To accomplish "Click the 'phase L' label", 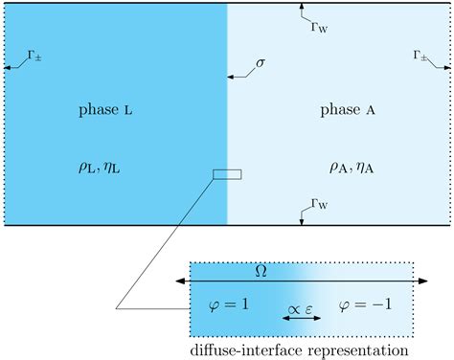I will (x=105, y=110).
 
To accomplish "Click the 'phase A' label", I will (x=347, y=110).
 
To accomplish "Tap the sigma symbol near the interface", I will (x=260, y=64).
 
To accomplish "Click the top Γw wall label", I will (x=319, y=25).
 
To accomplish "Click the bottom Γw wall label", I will (x=319, y=202).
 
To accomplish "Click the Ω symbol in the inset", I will (x=260, y=271).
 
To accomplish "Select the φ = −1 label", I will (x=365, y=304).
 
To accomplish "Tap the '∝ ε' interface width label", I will (x=298, y=300).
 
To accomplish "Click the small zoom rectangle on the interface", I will (x=227, y=173).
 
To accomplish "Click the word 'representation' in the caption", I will (x=356, y=350).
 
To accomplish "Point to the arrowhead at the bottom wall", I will (x=302, y=220).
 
